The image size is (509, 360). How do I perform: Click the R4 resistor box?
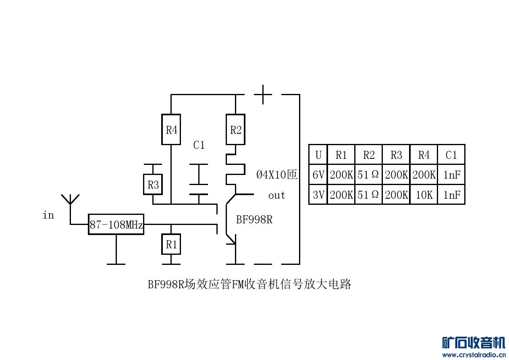[x=171, y=130]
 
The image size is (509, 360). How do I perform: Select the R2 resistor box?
[x=235, y=130]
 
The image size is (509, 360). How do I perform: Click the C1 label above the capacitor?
[x=199, y=145]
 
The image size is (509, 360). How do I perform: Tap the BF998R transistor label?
[x=254, y=220]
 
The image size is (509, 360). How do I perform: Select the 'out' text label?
[x=276, y=196]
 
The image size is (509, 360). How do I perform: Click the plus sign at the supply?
[x=263, y=94]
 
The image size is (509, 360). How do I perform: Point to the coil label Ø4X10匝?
[x=277, y=175]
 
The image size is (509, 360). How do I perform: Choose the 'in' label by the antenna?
[x=48, y=215]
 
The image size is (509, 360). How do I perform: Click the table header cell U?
[x=318, y=155]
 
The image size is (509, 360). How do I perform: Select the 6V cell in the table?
[x=318, y=175]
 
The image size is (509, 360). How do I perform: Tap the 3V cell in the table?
[x=318, y=195]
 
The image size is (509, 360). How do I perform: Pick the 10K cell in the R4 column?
[x=424, y=195]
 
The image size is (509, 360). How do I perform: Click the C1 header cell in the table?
[x=451, y=155]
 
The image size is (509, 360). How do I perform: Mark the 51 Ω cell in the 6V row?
[x=368, y=175]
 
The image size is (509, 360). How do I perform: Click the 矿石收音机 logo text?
[x=474, y=343]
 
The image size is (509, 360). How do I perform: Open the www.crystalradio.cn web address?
[x=474, y=355]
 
